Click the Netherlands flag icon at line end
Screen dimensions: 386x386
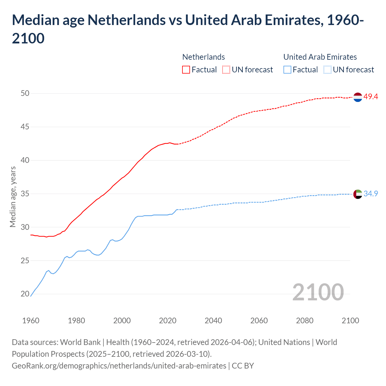(x=357, y=97)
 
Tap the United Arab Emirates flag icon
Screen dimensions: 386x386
(x=357, y=194)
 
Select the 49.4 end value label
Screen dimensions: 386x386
(x=371, y=97)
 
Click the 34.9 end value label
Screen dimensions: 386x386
(x=371, y=194)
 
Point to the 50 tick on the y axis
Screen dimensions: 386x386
(x=25, y=93)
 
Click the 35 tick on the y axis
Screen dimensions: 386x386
(x=25, y=194)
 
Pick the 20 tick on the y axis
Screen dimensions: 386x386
(x=25, y=294)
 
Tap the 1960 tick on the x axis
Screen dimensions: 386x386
(x=31, y=321)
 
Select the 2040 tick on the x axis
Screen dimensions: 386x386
(x=213, y=321)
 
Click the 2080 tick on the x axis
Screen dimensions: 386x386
(x=305, y=321)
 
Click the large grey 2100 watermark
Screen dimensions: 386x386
(x=318, y=292)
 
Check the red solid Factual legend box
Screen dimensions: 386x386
(x=186, y=70)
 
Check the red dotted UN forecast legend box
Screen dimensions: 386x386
(x=226, y=70)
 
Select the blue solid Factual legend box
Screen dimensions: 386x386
(x=287, y=70)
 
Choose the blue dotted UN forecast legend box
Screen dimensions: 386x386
(x=327, y=70)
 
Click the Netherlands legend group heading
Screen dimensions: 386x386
(x=204, y=57)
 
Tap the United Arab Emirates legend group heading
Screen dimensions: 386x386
(x=320, y=57)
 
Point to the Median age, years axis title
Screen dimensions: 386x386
(x=13, y=196)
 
